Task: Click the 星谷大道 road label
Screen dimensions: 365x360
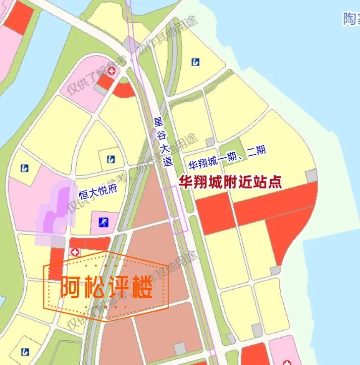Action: [x=164, y=142]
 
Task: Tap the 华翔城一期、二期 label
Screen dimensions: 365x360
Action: [x=227, y=157]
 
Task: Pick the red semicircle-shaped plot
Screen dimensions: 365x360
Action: [x=124, y=89]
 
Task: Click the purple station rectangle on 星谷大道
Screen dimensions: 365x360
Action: [x=176, y=210]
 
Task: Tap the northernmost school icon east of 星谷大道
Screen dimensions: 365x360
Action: [x=196, y=62]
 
